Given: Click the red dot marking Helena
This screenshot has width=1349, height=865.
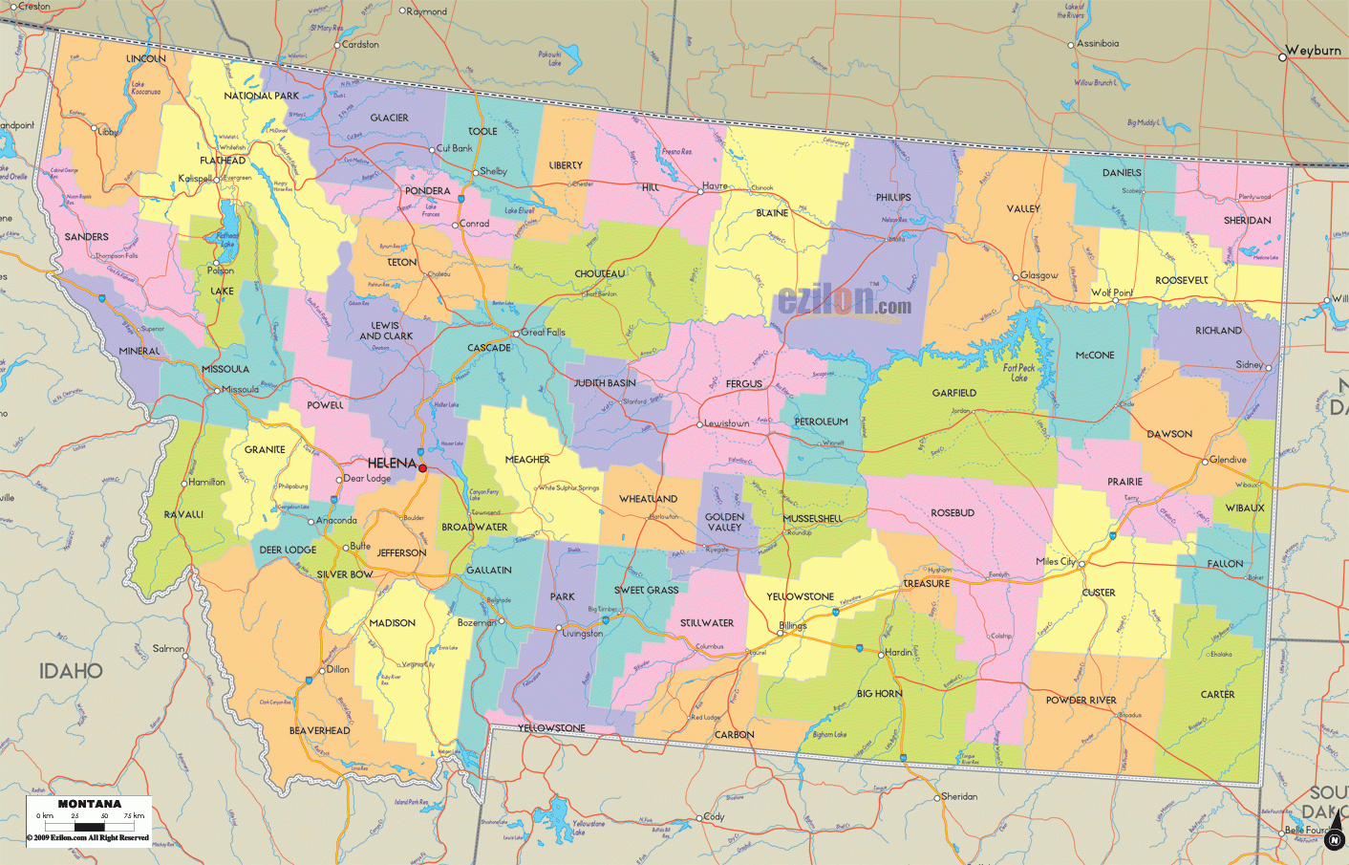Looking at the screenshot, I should pyautogui.click(x=422, y=468).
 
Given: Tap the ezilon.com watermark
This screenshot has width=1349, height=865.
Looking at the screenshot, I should pyautogui.click(x=844, y=301).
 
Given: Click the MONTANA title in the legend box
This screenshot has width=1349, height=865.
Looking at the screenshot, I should pyautogui.click(x=90, y=804).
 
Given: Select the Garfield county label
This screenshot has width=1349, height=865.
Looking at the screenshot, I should pyautogui.click(x=953, y=393).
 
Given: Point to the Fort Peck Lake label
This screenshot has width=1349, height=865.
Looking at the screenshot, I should pyautogui.click(x=1019, y=373).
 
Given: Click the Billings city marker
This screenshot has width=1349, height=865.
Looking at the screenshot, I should pyautogui.click(x=781, y=633).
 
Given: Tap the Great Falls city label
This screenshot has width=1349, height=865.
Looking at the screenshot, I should pyautogui.click(x=543, y=333).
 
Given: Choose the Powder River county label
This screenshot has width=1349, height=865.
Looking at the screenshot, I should pyautogui.click(x=1081, y=701).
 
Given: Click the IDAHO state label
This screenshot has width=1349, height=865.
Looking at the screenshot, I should pyautogui.click(x=71, y=671).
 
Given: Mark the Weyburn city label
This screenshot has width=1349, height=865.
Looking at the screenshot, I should pyautogui.click(x=1313, y=51).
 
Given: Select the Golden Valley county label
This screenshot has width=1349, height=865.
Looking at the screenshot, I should pyautogui.click(x=724, y=522).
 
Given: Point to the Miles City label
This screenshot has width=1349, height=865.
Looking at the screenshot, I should pyautogui.click(x=1056, y=562).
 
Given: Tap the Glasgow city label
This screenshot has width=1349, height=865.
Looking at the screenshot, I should pyautogui.click(x=1039, y=275).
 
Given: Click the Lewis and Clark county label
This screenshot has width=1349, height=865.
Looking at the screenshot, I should pyautogui.click(x=386, y=331).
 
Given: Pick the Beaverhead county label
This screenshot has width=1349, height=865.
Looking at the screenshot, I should pyautogui.click(x=319, y=731).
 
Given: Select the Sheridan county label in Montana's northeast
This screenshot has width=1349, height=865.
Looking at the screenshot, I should pyautogui.click(x=1247, y=221).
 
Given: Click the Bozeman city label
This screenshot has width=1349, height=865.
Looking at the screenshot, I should pyautogui.click(x=476, y=622).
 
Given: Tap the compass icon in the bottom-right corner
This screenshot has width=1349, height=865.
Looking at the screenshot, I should pyautogui.click(x=1335, y=838).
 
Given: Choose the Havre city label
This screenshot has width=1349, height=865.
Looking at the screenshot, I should pyautogui.click(x=715, y=186).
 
